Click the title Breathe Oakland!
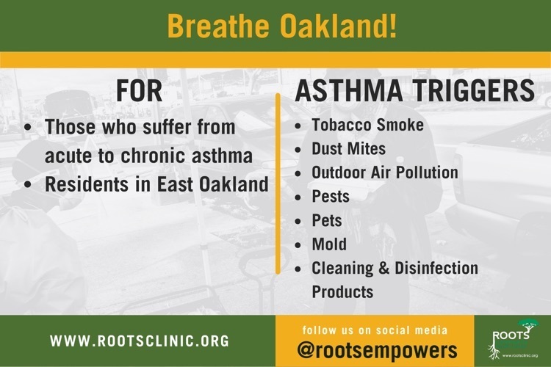click(x=282, y=26)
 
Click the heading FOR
click(x=139, y=91)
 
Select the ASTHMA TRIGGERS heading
click(x=415, y=90)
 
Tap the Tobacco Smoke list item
click(x=367, y=125)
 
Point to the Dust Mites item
click(x=348, y=148)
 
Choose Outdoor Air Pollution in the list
click(x=385, y=172)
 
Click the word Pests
click(x=331, y=196)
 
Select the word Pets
click(x=327, y=220)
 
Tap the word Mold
click(x=329, y=244)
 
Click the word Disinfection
click(x=436, y=268)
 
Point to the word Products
click(x=342, y=292)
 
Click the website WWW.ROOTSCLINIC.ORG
click(x=140, y=341)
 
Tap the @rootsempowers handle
click(x=377, y=350)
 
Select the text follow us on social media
click(x=375, y=330)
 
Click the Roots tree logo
click(x=513, y=339)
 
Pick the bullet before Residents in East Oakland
click(x=28, y=184)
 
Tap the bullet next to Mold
click(x=298, y=244)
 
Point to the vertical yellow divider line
click(x=278, y=183)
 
